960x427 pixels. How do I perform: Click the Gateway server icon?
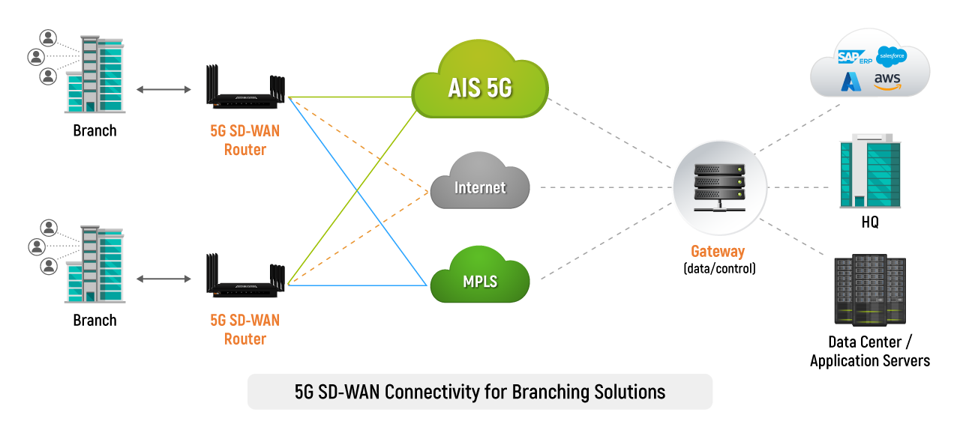(719, 187)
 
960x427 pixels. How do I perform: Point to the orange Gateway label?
(718, 252)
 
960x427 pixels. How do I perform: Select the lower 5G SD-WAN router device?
(245, 280)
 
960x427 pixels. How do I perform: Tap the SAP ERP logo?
(853, 58)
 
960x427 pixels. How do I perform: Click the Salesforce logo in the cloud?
(892, 55)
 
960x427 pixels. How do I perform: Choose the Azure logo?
(851, 81)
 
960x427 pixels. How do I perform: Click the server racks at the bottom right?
(870, 291)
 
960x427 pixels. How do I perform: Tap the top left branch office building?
(96, 74)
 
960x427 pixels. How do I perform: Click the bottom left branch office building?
(96, 264)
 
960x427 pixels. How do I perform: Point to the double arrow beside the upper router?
(163, 90)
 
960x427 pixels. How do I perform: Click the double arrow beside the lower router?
(163, 279)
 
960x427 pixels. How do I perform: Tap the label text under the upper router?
(245, 140)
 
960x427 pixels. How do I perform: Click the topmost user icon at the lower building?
(49, 227)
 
